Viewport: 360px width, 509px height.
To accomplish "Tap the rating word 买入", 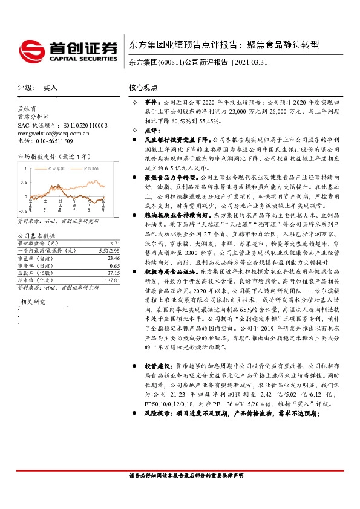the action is [50, 88].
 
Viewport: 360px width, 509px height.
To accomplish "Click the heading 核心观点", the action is [143, 88].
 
